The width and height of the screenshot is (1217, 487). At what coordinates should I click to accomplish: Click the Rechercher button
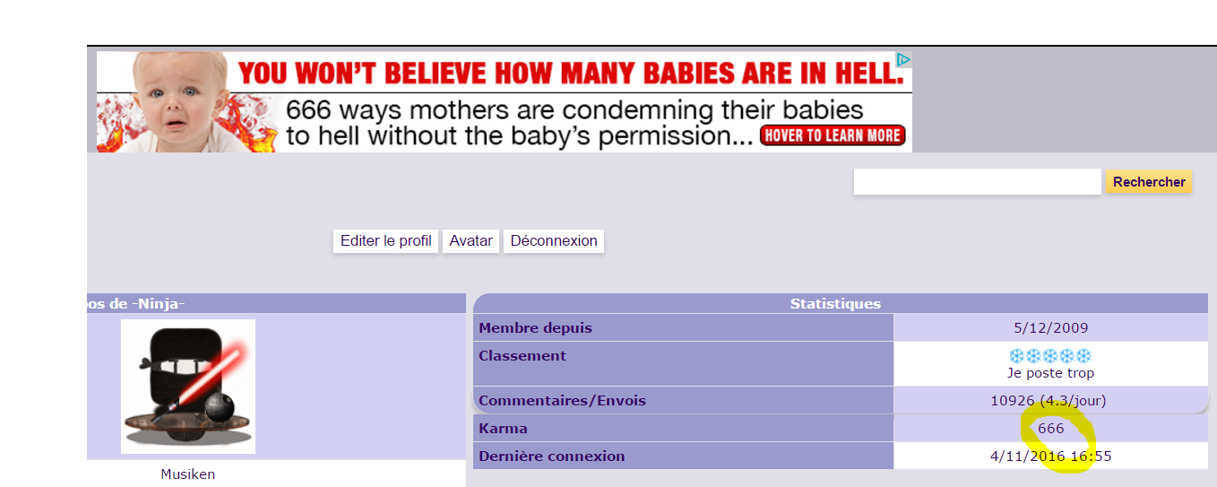[x=1149, y=181]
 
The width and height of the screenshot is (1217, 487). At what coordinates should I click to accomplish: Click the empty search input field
[x=977, y=181]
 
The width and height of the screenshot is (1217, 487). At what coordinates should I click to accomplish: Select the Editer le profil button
[x=385, y=240]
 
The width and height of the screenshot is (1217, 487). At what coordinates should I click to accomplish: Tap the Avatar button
[x=470, y=240]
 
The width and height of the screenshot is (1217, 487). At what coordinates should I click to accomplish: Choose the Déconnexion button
[x=554, y=240]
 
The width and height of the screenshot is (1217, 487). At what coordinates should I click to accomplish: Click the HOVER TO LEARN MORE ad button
[x=833, y=135]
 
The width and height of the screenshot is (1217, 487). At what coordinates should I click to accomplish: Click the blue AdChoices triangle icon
[x=903, y=59]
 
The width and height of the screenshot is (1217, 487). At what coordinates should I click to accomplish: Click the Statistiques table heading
[x=835, y=303]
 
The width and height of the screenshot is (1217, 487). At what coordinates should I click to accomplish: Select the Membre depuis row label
[x=535, y=327]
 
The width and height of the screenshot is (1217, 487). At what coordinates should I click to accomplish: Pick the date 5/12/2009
[x=1050, y=327]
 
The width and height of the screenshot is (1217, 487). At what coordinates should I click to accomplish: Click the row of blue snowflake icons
[x=1050, y=356]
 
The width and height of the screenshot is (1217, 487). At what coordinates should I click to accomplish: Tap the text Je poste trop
[x=1050, y=373]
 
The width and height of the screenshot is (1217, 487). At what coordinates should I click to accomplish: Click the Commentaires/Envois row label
[x=562, y=401]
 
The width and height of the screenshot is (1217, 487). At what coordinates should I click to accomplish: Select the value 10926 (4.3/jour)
[x=1048, y=401]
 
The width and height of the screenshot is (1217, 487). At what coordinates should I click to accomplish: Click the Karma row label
[x=503, y=429]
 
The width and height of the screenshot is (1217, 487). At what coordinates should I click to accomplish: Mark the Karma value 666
[x=1050, y=429]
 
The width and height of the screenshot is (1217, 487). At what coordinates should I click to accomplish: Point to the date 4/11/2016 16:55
[x=1050, y=456]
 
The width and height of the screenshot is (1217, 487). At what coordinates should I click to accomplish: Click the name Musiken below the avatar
[x=188, y=474]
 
